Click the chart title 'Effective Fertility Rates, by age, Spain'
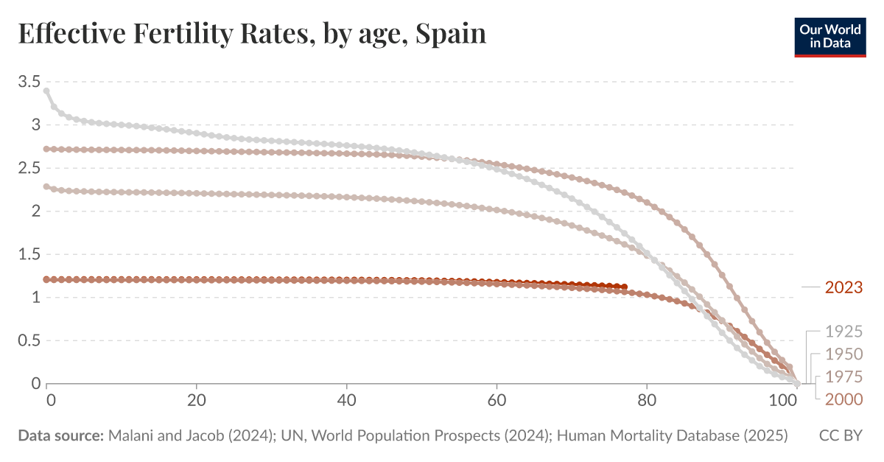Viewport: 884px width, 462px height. click(252, 34)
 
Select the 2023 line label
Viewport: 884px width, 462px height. click(843, 287)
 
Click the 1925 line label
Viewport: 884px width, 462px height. click(843, 331)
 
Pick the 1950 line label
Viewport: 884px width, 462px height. click(843, 354)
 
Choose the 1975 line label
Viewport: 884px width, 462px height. click(843, 377)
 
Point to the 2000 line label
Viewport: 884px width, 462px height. click(843, 399)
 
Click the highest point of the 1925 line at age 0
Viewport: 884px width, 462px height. click(46, 91)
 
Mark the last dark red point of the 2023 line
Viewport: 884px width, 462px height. click(625, 287)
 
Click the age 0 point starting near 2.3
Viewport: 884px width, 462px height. click(46, 186)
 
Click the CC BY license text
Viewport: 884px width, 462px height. click(840, 436)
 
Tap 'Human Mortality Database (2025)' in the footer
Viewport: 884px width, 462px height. click(673, 436)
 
